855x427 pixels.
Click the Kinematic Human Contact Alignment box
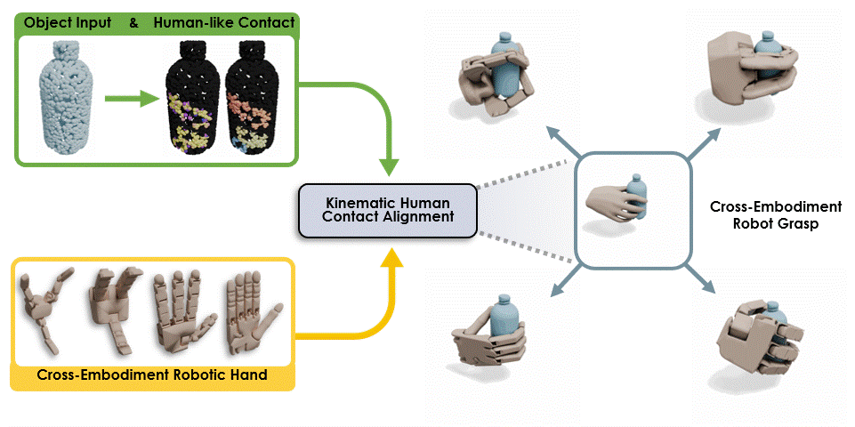[387, 210]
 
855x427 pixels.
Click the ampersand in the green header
[133, 22]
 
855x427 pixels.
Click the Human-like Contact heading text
[223, 22]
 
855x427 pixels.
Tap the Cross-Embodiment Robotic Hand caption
[152, 375]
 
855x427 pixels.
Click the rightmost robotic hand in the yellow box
[250, 311]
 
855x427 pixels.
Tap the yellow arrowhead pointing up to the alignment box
[389, 258]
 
